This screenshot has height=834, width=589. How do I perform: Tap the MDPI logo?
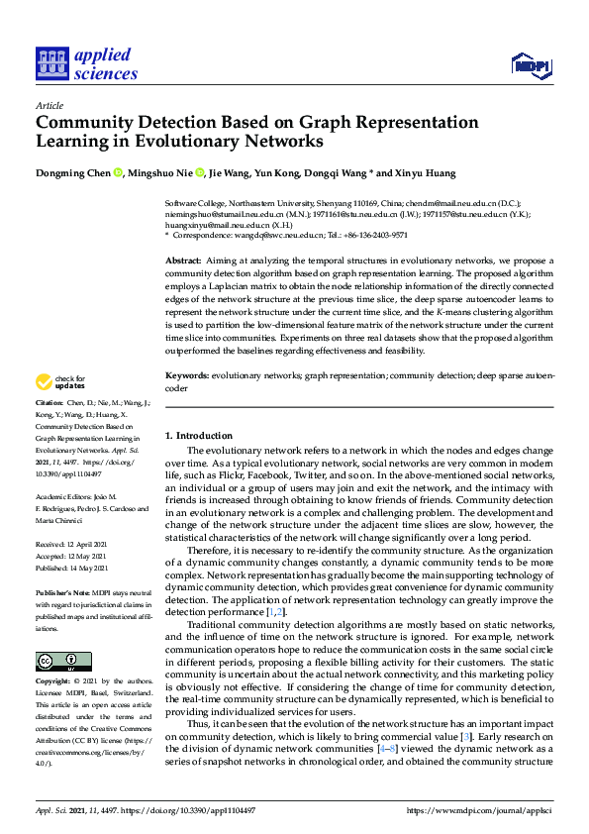[x=531, y=66]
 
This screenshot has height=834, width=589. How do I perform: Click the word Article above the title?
[x=49, y=106]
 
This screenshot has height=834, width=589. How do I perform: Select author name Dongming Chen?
[x=73, y=173]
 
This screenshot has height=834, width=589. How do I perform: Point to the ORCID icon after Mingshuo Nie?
[x=199, y=173]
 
